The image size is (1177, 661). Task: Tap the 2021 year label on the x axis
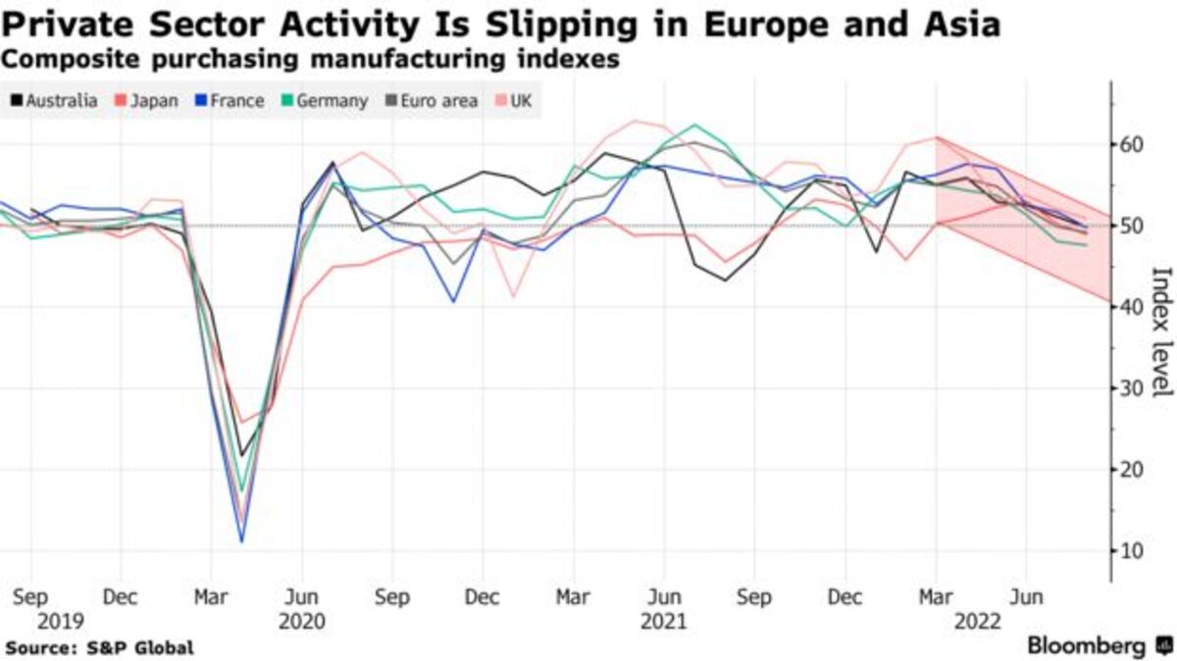tap(663, 621)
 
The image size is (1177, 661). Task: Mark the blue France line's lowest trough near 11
tap(241, 540)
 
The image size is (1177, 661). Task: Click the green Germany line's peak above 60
tap(694, 126)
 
